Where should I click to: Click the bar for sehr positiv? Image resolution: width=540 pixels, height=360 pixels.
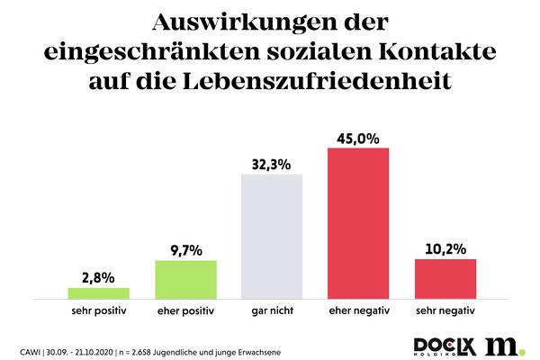click(x=99, y=293)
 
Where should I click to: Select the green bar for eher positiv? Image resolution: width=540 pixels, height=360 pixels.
click(x=186, y=279)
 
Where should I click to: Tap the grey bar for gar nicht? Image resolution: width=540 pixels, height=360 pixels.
click(x=273, y=236)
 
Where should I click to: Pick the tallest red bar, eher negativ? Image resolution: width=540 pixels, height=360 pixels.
click(x=358, y=222)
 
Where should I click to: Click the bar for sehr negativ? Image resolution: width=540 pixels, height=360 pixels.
click(x=445, y=278)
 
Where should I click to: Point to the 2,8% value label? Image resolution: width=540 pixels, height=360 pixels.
click(x=99, y=277)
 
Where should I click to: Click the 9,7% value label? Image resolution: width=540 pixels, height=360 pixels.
click(x=186, y=249)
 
